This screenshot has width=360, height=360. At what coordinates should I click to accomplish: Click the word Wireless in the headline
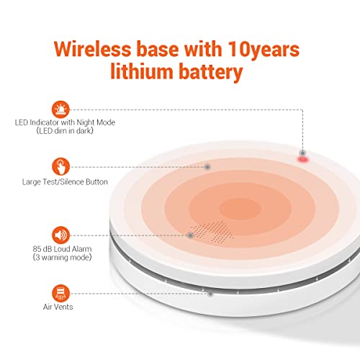(x=92, y=49)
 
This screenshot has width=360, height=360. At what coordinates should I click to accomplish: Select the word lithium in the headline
(x=142, y=71)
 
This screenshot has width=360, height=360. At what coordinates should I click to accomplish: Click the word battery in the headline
(x=211, y=73)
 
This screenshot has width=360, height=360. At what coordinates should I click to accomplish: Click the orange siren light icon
(x=60, y=109)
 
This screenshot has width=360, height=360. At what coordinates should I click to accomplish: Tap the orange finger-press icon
(x=60, y=166)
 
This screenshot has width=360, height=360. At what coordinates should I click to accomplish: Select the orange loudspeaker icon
(x=60, y=235)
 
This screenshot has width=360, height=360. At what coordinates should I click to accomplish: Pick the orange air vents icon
(x=60, y=293)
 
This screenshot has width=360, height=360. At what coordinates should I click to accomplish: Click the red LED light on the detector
(x=303, y=159)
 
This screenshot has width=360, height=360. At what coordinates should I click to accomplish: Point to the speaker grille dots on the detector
(x=213, y=232)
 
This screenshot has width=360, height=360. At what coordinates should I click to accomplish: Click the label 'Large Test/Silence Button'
(x=65, y=182)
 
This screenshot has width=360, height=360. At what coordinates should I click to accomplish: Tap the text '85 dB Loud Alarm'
(x=62, y=249)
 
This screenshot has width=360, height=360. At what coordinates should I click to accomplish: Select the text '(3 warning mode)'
(x=62, y=258)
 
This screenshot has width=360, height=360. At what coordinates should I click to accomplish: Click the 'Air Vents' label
(x=58, y=307)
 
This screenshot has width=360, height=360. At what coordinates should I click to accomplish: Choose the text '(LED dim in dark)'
(x=65, y=131)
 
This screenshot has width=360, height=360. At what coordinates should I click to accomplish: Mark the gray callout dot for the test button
(x=207, y=166)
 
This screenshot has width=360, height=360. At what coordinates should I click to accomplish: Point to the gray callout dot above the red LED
(x=302, y=153)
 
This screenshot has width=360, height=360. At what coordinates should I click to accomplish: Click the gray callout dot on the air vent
(x=210, y=293)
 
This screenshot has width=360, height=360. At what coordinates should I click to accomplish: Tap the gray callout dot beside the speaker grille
(x=190, y=235)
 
